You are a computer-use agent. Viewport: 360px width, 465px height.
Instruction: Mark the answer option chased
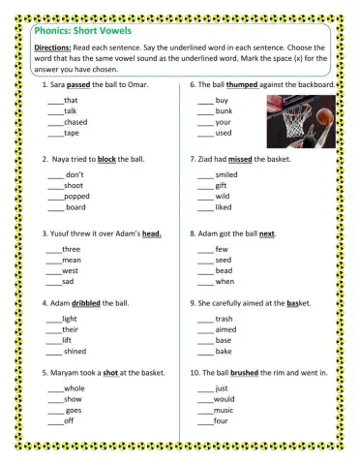(x=75, y=122)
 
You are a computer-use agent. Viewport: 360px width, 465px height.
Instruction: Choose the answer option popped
(x=75, y=196)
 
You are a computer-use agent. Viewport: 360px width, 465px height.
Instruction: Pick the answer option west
(x=70, y=271)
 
